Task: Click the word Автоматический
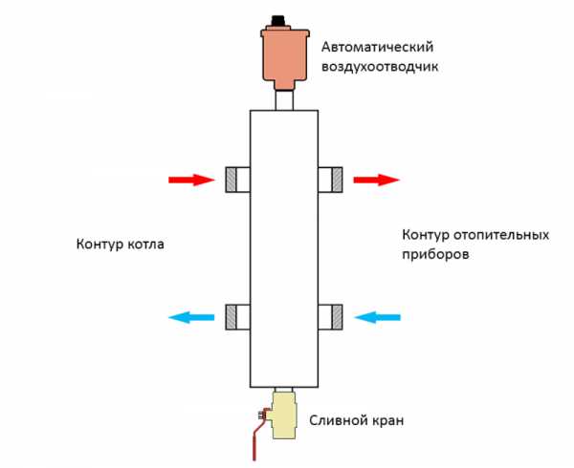click(375, 45)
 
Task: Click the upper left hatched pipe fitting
click(233, 179)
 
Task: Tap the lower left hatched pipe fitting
click(233, 316)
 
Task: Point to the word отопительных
click(502, 235)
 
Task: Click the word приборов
click(435, 256)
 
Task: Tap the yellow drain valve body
click(285, 418)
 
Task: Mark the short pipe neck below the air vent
click(283, 98)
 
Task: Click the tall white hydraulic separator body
click(283, 248)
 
